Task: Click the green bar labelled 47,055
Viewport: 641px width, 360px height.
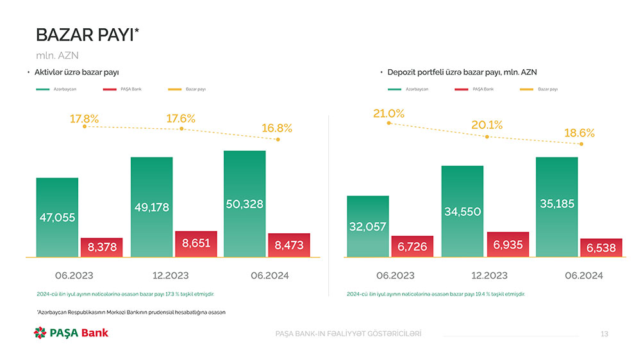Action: click(x=57, y=217)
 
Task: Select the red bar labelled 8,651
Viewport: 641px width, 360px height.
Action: click(x=196, y=243)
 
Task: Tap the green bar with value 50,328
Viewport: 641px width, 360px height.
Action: click(x=244, y=204)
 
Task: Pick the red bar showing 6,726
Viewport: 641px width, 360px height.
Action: click(x=412, y=247)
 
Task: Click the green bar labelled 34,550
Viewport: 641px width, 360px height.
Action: click(x=462, y=211)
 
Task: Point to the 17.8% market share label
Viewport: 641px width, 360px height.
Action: click(x=84, y=119)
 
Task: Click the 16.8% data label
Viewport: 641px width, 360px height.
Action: click(x=277, y=128)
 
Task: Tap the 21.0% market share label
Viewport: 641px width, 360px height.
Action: click(x=388, y=113)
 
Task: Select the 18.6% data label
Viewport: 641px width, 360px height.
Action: click(x=579, y=133)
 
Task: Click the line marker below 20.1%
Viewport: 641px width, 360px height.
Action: click(x=487, y=136)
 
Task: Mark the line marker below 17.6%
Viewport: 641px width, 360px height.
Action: click(x=181, y=129)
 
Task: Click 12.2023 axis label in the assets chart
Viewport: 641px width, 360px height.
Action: click(x=171, y=275)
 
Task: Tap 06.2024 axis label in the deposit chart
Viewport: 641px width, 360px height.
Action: click(x=584, y=275)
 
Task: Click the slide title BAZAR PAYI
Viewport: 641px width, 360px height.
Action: click(x=87, y=35)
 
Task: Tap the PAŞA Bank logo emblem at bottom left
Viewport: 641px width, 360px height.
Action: click(x=40, y=332)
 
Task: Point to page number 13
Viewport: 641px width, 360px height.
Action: click(x=604, y=334)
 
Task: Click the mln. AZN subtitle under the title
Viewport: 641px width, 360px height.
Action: click(x=57, y=55)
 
